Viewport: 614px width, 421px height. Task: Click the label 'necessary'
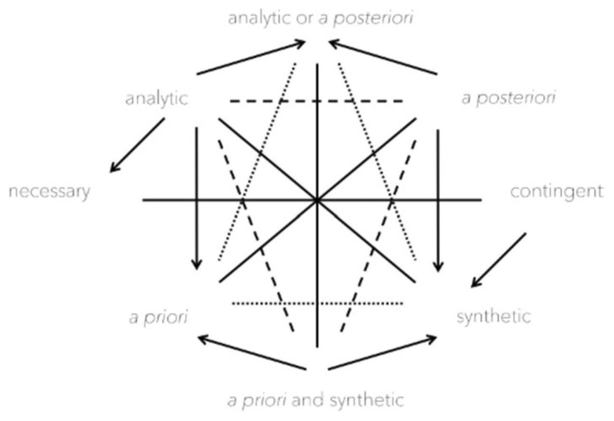click(49, 192)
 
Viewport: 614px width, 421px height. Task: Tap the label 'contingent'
click(557, 192)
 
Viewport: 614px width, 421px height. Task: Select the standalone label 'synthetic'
click(493, 317)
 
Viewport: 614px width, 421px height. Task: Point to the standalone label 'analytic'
click(157, 100)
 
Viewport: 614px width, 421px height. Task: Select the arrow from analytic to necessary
click(137, 145)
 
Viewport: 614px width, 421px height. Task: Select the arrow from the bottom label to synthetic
click(382, 352)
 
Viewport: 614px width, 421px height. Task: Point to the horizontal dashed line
click(316, 101)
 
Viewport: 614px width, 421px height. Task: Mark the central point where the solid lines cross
click(316, 200)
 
